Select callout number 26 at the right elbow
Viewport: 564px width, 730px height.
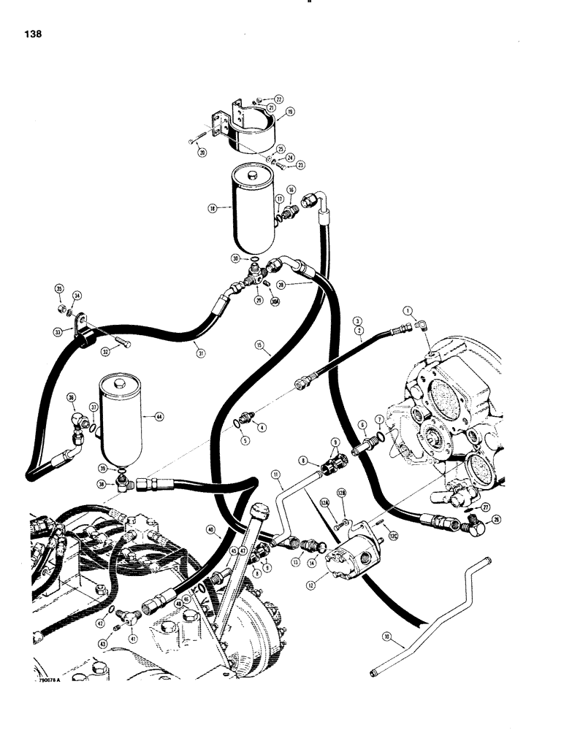coord(477,520)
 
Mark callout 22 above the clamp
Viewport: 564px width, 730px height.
coord(278,99)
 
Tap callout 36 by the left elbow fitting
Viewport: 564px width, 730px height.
coord(71,397)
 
